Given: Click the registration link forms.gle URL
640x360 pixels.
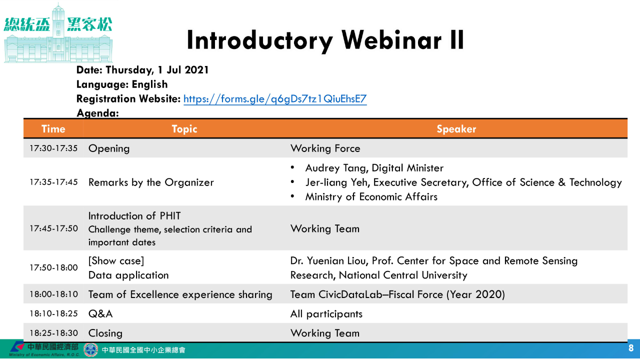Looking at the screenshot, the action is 275,99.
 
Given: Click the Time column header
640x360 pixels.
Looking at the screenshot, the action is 53,129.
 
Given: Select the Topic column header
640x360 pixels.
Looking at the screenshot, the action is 184,129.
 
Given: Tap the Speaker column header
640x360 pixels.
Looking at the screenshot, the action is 456,129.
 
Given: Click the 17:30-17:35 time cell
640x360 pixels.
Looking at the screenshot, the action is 53,148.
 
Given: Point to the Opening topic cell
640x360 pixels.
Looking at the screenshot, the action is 109,148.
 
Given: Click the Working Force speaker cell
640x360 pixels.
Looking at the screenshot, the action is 325,148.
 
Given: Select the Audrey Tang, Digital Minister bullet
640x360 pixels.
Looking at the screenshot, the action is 374,168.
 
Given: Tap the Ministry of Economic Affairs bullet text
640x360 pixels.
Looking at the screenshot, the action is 371,197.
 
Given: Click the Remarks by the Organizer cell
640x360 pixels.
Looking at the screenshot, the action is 151,182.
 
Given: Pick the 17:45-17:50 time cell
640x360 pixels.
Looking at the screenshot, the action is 53,228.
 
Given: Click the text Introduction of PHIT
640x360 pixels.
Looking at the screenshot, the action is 134,215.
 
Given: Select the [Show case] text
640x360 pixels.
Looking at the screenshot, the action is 116,261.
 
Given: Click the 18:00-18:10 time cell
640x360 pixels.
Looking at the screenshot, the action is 53,294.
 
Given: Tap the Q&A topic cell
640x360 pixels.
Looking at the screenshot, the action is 100,313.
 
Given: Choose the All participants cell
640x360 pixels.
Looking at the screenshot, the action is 326,314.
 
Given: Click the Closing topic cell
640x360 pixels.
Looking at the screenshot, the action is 105,333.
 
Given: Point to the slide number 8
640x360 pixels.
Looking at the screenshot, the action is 631,348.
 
